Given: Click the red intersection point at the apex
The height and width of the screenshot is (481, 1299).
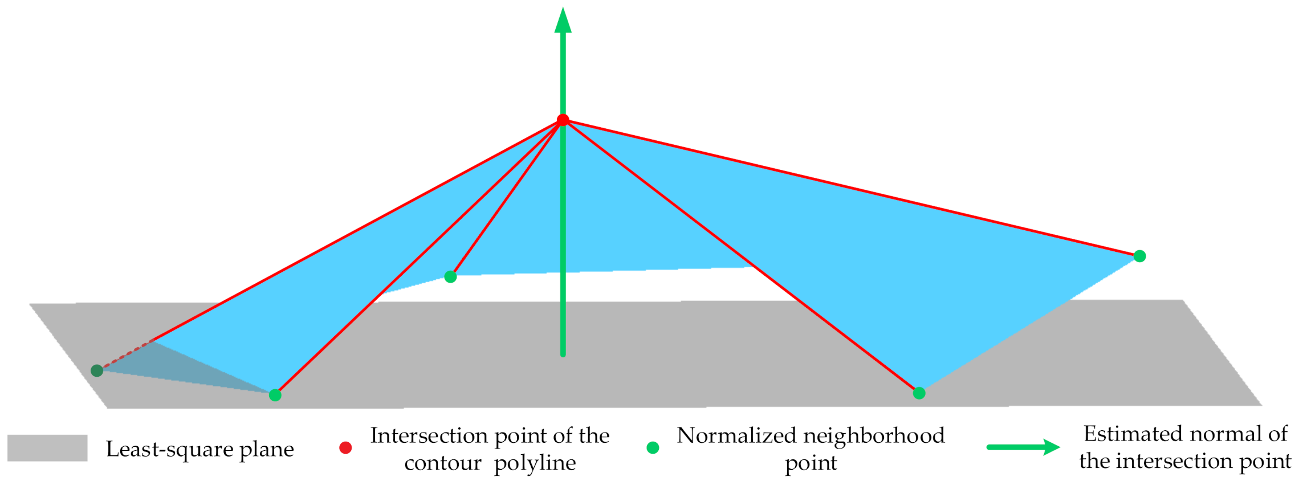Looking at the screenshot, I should pos(563,120).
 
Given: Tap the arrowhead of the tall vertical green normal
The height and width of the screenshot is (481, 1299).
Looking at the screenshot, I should pos(563,21).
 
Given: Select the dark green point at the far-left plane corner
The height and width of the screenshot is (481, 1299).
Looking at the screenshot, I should pos(97,370).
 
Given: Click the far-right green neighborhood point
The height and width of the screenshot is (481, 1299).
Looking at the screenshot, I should pos(1139,256).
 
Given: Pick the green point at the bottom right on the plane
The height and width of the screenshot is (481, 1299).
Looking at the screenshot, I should pos(919,393).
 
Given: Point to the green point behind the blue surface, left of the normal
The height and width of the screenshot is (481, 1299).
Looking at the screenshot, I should pos(450,276).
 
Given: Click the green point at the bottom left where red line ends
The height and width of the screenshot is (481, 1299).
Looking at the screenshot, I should pos(275,395).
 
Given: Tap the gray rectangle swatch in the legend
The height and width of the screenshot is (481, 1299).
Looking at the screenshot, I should pos(47,448).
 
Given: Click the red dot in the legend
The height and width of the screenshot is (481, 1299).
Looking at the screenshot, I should pos(345,448).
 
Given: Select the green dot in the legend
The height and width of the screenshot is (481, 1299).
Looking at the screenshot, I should pos(653,448).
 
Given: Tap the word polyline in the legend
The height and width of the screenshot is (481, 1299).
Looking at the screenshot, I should pos(535,463).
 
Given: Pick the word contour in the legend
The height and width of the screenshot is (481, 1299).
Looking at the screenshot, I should pos(443,463).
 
